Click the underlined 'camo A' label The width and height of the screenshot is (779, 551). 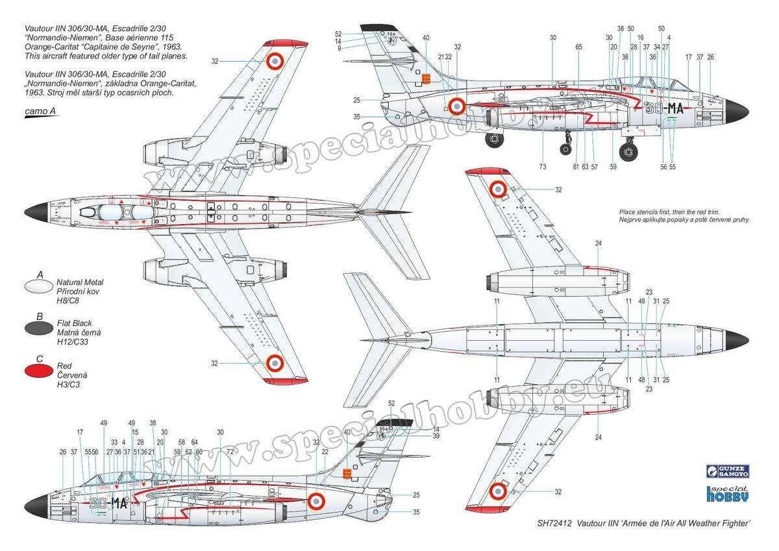[40, 112]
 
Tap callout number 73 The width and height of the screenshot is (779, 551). [543, 167]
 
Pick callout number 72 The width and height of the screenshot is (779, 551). [230, 450]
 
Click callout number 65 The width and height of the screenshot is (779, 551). [578, 47]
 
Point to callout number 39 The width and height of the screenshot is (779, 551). [436, 436]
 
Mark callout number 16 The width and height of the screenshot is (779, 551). [640, 38]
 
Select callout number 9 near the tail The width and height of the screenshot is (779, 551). [340, 48]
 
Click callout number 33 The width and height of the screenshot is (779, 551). [114, 442]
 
